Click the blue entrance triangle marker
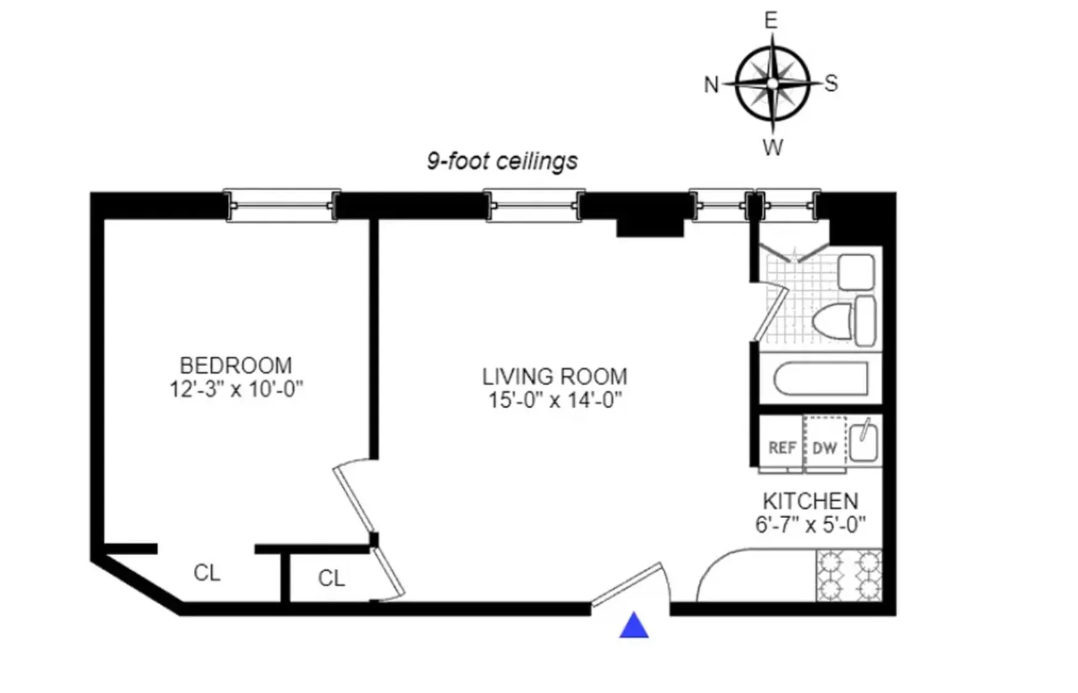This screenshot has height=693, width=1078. pyautogui.click(x=633, y=626)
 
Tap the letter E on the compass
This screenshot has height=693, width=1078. pyautogui.click(x=771, y=20)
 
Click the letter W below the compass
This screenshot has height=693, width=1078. pyautogui.click(x=772, y=148)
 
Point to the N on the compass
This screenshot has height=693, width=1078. pyautogui.click(x=711, y=85)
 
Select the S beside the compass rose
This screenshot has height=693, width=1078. pyautogui.click(x=831, y=83)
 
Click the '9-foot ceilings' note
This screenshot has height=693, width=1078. pyautogui.click(x=502, y=161)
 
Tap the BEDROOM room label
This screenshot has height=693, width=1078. pyautogui.click(x=235, y=365)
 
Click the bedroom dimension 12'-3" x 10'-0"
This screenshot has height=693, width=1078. pyautogui.click(x=236, y=389)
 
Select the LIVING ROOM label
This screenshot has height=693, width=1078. pyautogui.click(x=554, y=376)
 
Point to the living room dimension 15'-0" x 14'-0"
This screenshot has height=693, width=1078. pyautogui.click(x=554, y=400)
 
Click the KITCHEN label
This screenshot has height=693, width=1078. pyautogui.click(x=810, y=500)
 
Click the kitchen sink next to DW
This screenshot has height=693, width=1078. pyautogui.click(x=863, y=442)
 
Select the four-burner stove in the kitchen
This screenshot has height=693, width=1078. pyautogui.click(x=849, y=576)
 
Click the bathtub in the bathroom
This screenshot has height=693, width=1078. pyautogui.click(x=820, y=378)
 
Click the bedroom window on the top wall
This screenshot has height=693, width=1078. pyautogui.click(x=282, y=205)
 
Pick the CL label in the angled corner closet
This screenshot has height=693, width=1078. pyautogui.click(x=206, y=573)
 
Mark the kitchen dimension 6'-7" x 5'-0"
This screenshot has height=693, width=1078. pyautogui.click(x=810, y=525)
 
